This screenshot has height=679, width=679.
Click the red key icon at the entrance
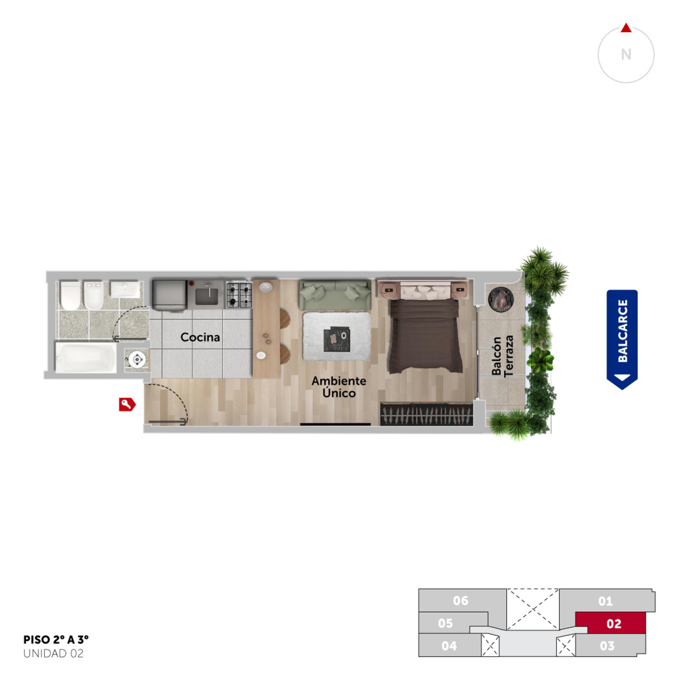(x=127, y=404)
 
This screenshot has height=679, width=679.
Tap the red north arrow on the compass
(x=626, y=28)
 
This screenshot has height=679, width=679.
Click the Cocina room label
(x=200, y=337)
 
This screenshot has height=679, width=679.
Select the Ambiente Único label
(x=339, y=387)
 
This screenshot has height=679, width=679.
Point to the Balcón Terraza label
(x=502, y=356)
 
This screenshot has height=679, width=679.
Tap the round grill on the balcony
(x=501, y=299)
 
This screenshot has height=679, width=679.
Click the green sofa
(x=335, y=295)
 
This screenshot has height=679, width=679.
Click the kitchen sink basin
(x=207, y=296)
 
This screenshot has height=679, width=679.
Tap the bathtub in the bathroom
(x=86, y=358)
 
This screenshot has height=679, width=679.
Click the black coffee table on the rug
(x=337, y=339)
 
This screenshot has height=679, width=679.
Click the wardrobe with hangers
(x=426, y=414)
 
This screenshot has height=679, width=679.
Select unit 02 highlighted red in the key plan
(x=611, y=623)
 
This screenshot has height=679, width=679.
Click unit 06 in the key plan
(x=460, y=600)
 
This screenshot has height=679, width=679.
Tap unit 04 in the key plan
(x=449, y=645)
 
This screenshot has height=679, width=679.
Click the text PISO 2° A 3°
(x=56, y=640)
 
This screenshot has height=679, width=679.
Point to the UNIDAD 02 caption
(x=53, y=654)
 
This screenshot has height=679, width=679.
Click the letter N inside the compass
(x=626, y=55)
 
